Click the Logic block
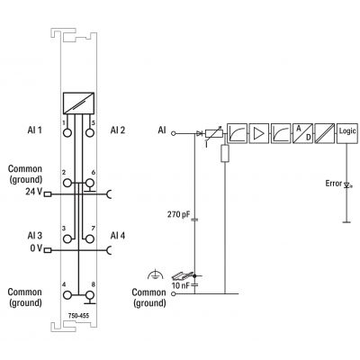click(346, 133)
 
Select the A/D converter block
click(302, 133)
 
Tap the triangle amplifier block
click(258, 133)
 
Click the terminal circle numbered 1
click(67, 132)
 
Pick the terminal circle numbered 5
click(89, 132)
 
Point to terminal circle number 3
click(67, 238)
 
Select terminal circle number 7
click(89, 238)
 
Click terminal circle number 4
click(67, 295)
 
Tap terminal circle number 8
click(89, 295)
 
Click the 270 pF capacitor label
click(179, 214)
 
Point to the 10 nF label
click(181, 285)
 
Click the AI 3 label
click(35, 236)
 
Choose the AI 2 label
click(118, 130)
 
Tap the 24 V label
click(33, 192)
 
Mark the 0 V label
click(36, 248)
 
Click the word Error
click(334, 184)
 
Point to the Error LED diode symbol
click(348, 185)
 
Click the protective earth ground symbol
click(156, 274)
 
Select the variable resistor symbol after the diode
click(214, 133)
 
